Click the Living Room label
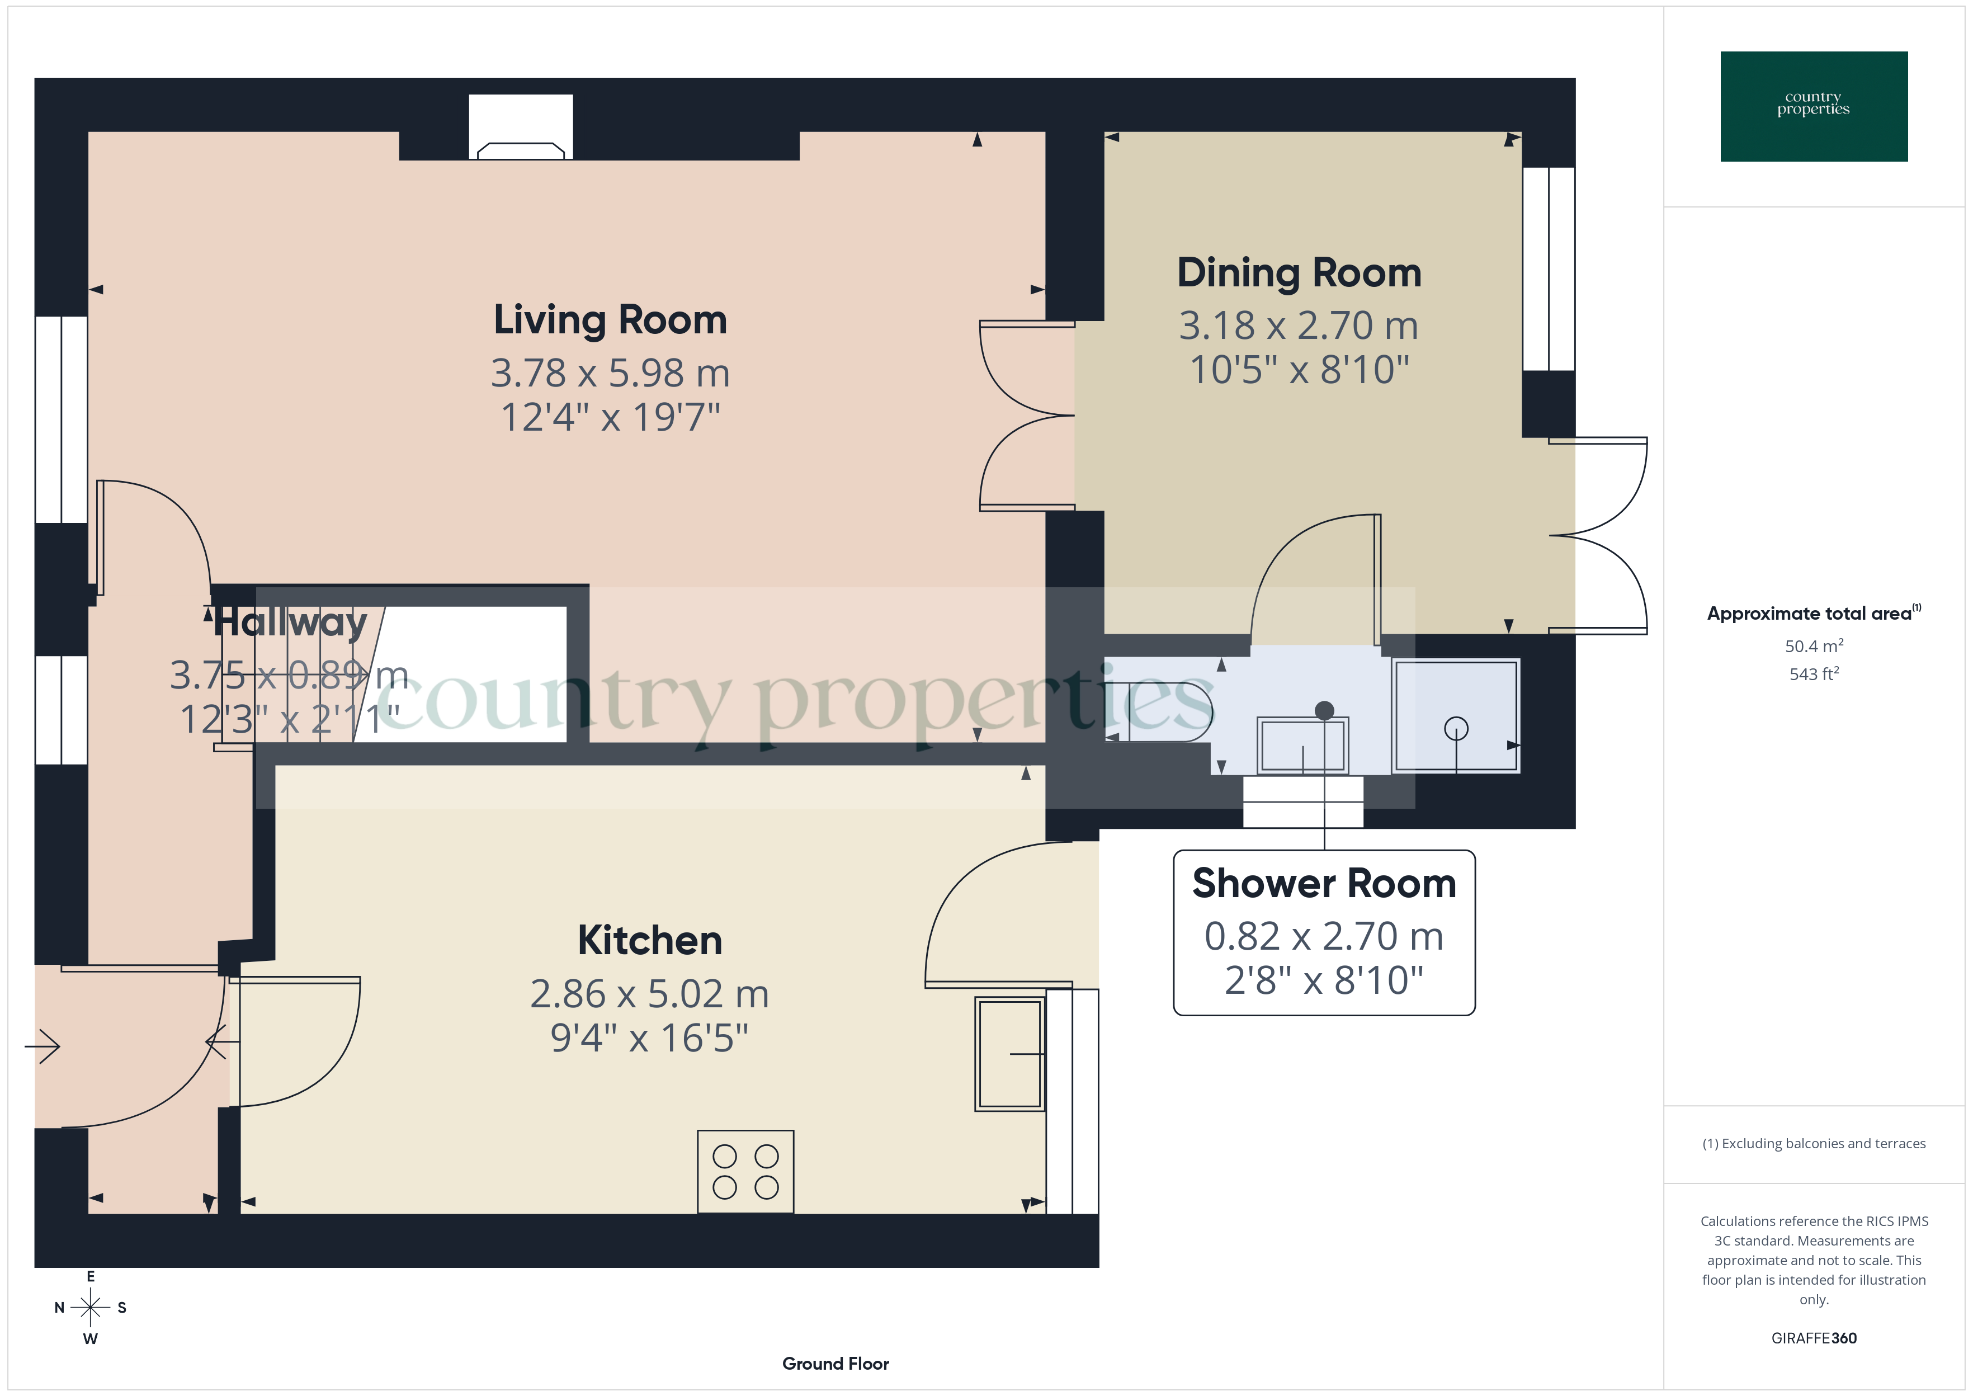pos(610,320)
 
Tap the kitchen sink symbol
pos(1009,1053)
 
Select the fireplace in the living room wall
pos(521,129)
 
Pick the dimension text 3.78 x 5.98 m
pos(610,373)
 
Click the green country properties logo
pos(1813,107)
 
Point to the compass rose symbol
pos(90,1308)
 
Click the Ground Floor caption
pos(836,1364)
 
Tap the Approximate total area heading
pos(1811,613)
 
